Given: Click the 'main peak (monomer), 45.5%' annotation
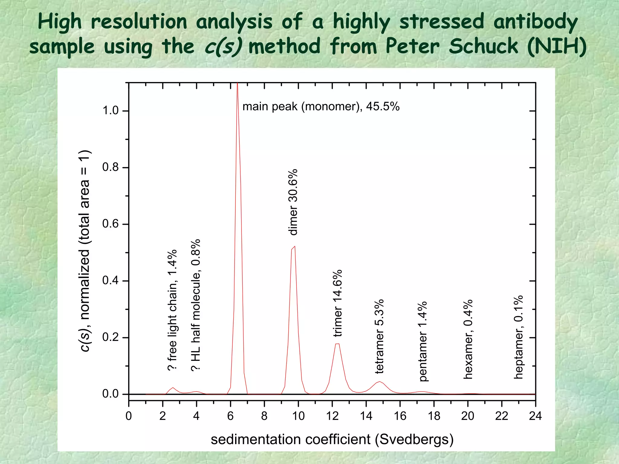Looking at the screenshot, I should (321, 106).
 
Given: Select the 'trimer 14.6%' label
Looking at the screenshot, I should (337, 303).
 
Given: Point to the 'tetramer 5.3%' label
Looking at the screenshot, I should (379, 336).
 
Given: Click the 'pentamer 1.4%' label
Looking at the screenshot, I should (423, 341).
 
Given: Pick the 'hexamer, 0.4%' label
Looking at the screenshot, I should (468, 339).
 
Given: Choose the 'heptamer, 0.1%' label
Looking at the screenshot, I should (518, 337).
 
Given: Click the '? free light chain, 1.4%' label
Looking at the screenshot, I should (172, 310).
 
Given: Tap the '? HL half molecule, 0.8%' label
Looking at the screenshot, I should (196, 305).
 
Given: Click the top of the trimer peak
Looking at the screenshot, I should (337, 344).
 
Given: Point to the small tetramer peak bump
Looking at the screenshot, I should (380, 382).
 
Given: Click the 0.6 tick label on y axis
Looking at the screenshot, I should (110, 224).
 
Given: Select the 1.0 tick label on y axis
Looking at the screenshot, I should (110, 111).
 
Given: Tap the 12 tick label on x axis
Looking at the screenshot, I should (332, 416).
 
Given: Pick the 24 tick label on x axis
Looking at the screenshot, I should (535, 416).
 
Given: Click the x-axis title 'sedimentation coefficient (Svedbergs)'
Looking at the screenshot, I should (332, 439).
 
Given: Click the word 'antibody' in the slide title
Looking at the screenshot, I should (535, 22).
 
